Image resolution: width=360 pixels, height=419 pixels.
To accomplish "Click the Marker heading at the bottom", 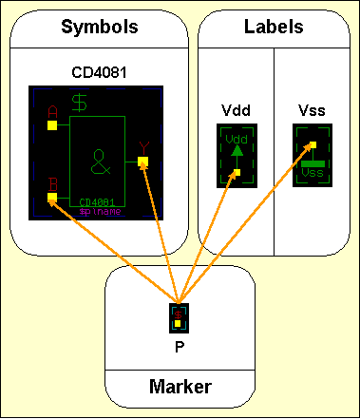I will click(180, 387).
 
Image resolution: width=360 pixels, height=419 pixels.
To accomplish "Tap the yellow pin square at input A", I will click(52, 124).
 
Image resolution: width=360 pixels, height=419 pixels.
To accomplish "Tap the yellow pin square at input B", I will click(52, 198).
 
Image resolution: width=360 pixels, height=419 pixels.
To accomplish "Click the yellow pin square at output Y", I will click(142, 162).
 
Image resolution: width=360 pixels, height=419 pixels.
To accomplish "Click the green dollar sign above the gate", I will click(82, 99).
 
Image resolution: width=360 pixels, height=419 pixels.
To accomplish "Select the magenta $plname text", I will click(99, 212).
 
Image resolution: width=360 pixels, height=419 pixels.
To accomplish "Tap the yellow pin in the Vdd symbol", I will click(237, 173).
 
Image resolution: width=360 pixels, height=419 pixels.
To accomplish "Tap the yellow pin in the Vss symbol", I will click(312, 145).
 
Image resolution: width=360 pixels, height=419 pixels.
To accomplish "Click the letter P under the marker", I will click(179, 346).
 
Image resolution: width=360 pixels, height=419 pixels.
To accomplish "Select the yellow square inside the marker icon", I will click(178, 323).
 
